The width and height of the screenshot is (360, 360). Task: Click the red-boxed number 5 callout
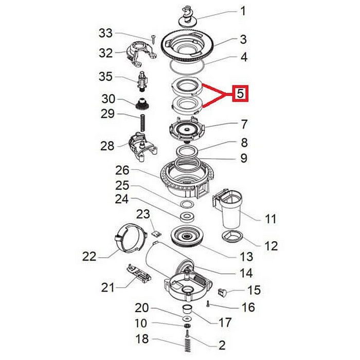point(240,94)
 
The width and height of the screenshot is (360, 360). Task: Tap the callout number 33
point(105,33)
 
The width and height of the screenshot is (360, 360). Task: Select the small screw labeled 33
point(153,39)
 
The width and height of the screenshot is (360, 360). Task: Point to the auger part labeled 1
point(188,16)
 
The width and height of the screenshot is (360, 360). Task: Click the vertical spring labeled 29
point(142,123)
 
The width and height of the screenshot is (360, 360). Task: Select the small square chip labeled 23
point(156,234)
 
